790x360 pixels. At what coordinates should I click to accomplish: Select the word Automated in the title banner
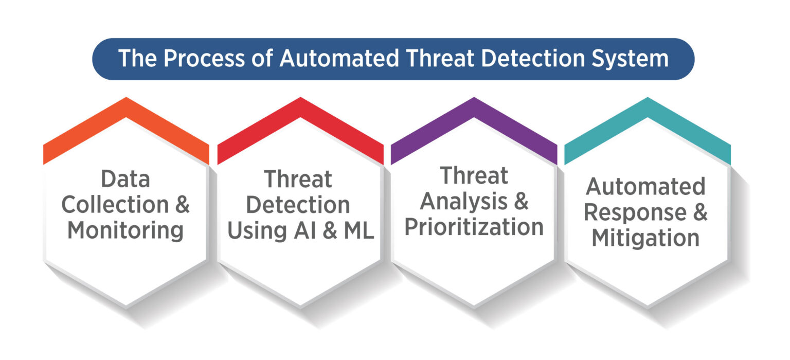pos(337,59)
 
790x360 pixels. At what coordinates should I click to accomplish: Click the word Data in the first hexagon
pos(125,179)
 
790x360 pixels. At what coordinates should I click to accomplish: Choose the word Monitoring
pos(125,230)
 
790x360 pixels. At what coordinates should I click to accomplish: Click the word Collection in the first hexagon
pos(115,205)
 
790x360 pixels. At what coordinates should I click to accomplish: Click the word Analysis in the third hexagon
pos(459,202)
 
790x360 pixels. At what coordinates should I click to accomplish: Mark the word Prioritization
pos(474,227)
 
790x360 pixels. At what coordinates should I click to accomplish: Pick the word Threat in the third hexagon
pos(474,176)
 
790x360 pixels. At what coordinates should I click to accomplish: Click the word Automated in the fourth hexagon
pos(645,186)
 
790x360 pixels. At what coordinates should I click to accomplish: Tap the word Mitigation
pos(645,238)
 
